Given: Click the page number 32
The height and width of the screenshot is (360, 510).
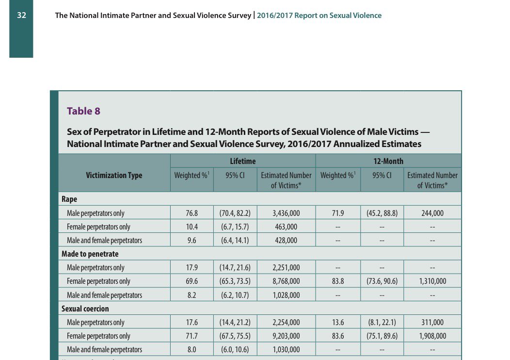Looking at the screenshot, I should pos(21,16).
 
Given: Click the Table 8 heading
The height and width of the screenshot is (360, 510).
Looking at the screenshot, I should pos(83,111).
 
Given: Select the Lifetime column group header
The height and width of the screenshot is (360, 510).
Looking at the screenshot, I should pos(242,161).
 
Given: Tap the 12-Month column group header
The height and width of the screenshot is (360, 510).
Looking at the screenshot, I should pos(388,161).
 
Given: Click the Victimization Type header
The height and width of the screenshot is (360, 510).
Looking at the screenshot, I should pos(114,175).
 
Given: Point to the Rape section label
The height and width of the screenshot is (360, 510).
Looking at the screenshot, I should pos(69,199).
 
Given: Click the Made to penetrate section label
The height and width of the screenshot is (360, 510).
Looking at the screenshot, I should pos(90,254).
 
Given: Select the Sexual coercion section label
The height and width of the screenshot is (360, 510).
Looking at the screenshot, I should pos(85,309).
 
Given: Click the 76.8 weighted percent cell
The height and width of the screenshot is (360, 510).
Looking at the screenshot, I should pos(191,213).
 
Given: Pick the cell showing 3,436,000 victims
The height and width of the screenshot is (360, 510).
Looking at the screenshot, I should pos(286,213).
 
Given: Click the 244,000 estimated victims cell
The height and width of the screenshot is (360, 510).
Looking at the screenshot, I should pos(432,213).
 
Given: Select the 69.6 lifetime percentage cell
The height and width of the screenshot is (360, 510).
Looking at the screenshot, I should pos(191,281).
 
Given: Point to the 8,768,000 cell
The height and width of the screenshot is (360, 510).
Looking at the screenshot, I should pos(286,281).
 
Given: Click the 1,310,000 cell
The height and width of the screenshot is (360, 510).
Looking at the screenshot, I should pos(432,281).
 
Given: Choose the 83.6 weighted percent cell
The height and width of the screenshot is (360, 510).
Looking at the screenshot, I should pos(338,336).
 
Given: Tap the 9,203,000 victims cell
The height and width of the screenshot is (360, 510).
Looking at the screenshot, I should pos(286,336).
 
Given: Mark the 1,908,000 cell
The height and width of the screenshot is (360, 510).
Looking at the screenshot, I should pos(432,336).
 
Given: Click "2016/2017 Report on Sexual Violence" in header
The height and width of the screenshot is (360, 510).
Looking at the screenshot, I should pos(319,16).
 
